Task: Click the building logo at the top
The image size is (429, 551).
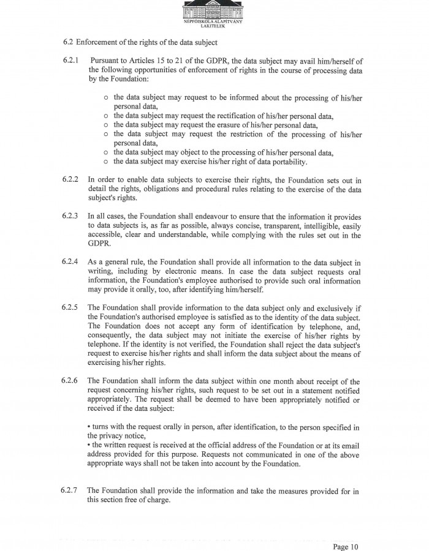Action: [214, 9]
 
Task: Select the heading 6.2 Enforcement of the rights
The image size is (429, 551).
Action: [140, 42]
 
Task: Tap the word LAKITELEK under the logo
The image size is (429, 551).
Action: [214, 26]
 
